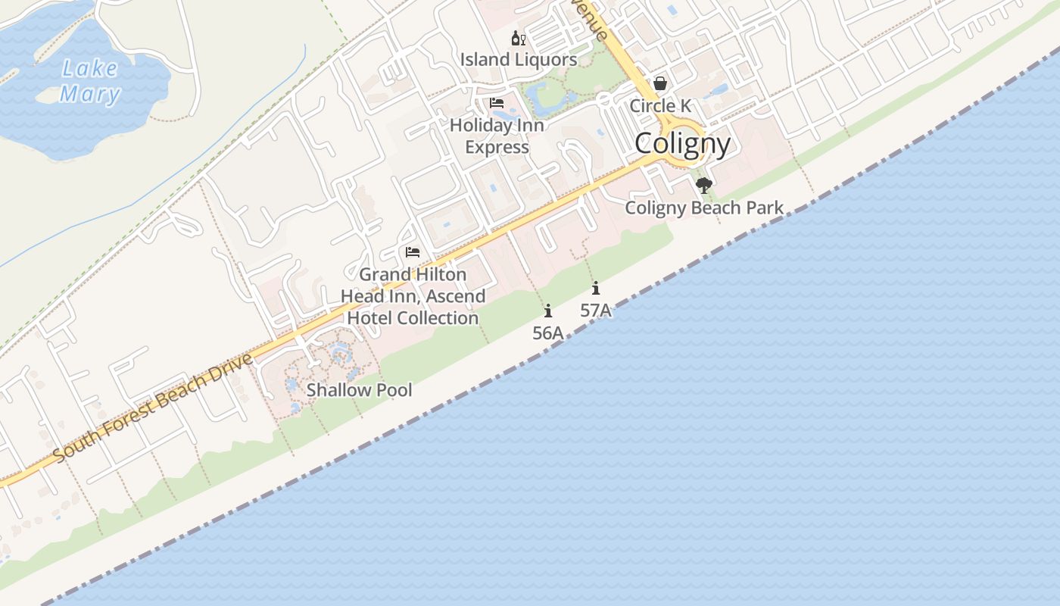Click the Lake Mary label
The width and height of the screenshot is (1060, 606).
tap(90, 81)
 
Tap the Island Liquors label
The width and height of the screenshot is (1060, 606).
tap(519, 59)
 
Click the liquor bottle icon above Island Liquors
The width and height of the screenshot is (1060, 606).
tap(518, 38)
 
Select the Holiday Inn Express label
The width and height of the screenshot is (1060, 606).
tap(497, 136)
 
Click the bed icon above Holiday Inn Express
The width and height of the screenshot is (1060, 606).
tap(497, 103)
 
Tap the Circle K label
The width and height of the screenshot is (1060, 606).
tap(660, 106)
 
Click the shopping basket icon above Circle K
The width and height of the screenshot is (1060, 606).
tap(660, 83)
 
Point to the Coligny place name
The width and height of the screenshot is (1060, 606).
tap(683, 144)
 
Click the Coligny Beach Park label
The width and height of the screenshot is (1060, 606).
tap(704, 208)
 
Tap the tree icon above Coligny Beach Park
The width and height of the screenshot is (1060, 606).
tap(704, 186)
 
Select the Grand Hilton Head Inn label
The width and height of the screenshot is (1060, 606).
tap(413, 296)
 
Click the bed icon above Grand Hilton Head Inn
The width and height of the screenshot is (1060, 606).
tap(413, 252)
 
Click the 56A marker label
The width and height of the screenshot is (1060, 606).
tap(548, 333)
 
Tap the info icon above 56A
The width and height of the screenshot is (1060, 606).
tap(548, 311)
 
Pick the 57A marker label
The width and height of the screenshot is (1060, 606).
tap(596, 310)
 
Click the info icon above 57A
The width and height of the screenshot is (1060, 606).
tap(596, 288)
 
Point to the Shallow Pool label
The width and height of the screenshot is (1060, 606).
tap(360, 390)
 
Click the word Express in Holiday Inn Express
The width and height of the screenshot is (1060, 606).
tap(497, 147)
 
